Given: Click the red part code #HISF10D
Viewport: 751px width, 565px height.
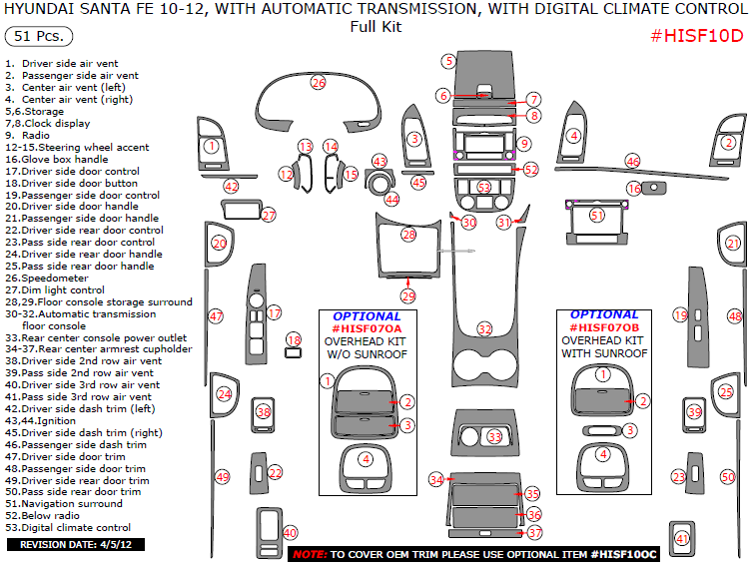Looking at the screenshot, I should pos(697,36).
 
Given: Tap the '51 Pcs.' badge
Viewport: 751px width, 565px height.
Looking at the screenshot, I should pos(35,37).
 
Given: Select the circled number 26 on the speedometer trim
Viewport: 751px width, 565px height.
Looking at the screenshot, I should pos(318,82).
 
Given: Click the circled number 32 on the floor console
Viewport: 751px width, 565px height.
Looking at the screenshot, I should pos(485,327).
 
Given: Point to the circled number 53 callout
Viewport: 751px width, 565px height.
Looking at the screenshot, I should pos(484,187).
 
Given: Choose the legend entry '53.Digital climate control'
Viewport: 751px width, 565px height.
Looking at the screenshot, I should pos(68,527).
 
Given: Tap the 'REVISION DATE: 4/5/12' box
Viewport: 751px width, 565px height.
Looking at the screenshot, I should pos(76,545).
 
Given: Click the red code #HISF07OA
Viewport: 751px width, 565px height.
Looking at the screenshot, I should pos(367,327).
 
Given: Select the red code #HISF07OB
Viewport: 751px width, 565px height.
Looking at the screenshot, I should pos(603,327).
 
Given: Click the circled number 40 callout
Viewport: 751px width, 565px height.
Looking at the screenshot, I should pos(291,532).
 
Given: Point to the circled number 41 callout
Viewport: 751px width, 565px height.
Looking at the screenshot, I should pos(683,539).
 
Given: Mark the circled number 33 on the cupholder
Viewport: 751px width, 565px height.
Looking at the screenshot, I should pos(494,437).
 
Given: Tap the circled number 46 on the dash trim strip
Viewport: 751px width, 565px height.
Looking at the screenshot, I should pos(632,161).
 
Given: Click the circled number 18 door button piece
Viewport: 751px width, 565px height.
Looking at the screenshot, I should pos(293,340).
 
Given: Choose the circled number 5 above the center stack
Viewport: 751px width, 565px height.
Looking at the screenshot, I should pos(449,61).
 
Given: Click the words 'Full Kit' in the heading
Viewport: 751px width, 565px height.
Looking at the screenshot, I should pos(375,27).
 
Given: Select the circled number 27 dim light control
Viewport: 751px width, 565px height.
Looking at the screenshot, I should pos(268,215).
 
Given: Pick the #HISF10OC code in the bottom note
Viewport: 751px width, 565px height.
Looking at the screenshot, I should pos(623,553).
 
